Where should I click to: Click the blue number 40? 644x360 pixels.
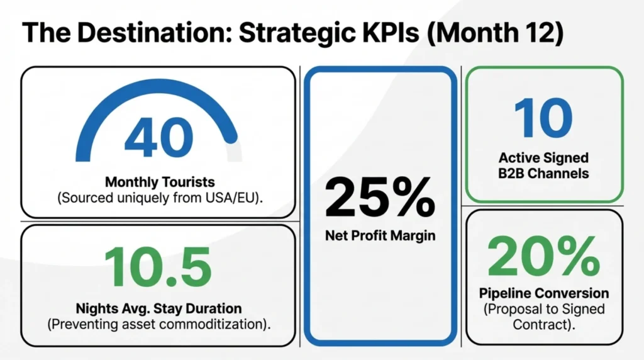[158, 137]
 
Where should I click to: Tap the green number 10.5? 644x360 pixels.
[157, 266]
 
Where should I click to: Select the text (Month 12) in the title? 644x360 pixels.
[493, 33]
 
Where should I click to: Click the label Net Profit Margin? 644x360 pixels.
[379, 237]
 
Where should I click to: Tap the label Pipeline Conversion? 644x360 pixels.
[543, 293]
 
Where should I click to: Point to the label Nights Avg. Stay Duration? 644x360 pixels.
[158, 308]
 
